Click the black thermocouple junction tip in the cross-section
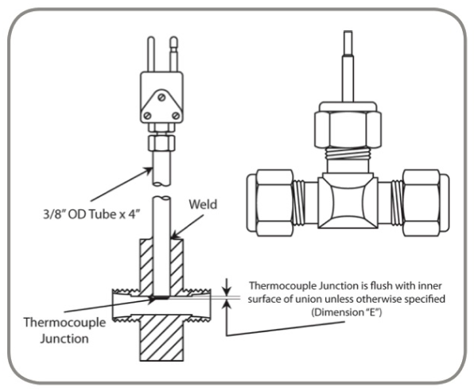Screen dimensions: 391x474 click(160, 299)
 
